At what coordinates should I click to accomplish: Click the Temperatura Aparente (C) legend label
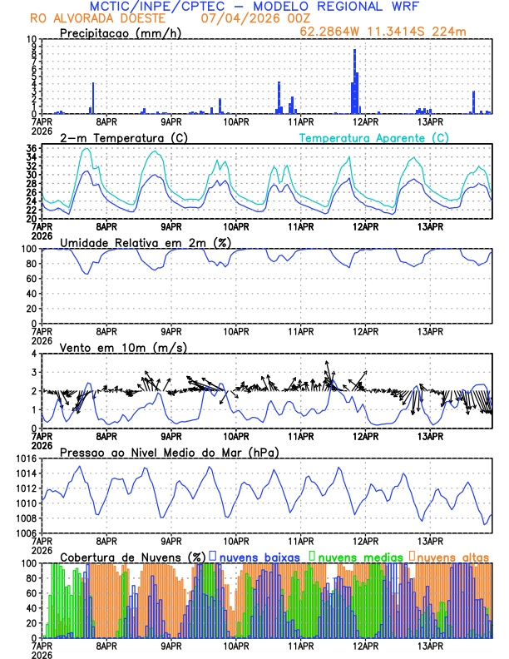click(x=373, y=137)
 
